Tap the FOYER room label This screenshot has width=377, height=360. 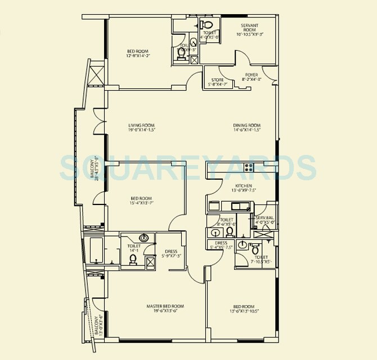coord(252,74)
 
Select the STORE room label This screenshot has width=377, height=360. coord(217,80)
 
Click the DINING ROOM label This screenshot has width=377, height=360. coord(247,126)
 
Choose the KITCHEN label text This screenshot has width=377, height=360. coord(244,186)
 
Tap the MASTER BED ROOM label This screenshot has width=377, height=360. coord(165,306)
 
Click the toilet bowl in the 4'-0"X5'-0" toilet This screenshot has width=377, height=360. coord(207,24)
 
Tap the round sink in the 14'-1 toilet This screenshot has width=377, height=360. coord(144,238)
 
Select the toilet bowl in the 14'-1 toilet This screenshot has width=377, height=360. coord(133,259)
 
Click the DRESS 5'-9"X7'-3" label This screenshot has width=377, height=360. coord(172,254)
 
